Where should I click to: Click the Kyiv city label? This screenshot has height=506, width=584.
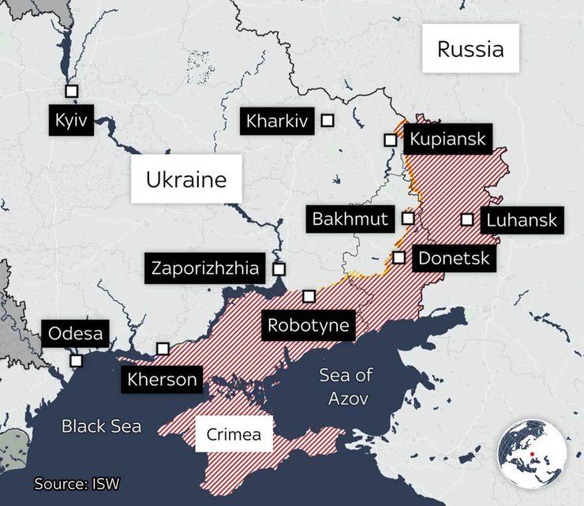[x=70, y=120]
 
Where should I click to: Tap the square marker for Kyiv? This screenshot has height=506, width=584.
[x=72, y=91]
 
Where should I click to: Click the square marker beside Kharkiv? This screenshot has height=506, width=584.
[x=327, y=121]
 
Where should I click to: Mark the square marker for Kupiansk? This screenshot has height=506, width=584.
[x=390, y=140]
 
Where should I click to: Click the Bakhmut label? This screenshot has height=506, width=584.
[x=350, y=219]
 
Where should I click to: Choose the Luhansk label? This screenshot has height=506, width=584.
[x=522, y=219]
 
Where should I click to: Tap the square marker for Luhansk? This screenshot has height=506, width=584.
[x=467, y=219]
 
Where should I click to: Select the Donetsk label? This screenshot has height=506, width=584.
[x=454, y=257]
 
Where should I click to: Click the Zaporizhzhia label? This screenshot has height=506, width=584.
[x=205, y=268]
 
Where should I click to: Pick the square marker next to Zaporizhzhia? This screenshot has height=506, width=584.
[x=278, y=268]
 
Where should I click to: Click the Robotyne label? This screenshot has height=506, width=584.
[x=308, y=324]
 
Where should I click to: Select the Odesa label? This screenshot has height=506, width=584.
[x=76, y=333]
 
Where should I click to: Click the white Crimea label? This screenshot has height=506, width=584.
[x=234, y=434]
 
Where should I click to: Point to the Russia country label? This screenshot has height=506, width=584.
[x=470, y=50]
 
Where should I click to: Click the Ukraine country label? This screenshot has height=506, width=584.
[x=186, y=180]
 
